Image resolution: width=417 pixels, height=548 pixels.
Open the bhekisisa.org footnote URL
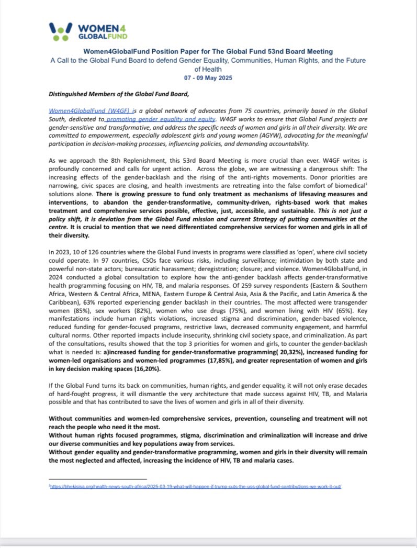[195, 486]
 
